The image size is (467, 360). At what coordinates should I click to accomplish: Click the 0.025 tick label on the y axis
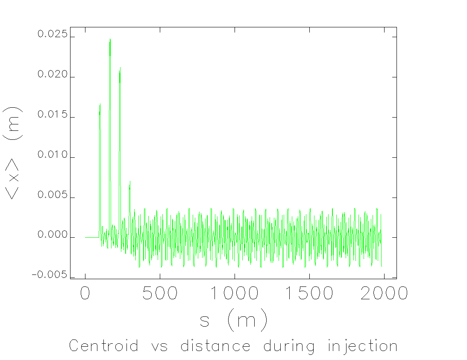(x=53, y=34)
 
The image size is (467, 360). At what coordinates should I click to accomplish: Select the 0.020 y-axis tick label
(x=53, y=74)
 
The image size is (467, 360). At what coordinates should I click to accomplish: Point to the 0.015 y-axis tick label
(x=53, y=115)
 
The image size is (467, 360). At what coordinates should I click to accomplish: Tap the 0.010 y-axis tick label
(x=53, y=155)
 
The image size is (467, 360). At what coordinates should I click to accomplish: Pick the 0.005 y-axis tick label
(x=53, y=195)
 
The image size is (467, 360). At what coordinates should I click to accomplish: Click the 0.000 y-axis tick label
(x=53, y=235)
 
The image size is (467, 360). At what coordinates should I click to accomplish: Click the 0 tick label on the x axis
(x=85, y=293)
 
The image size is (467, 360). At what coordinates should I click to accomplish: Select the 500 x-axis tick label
(x=160, y=293)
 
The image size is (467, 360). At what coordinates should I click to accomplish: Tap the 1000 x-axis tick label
(x=234, y=293)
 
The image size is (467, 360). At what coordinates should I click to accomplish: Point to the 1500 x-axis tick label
(x=308, y=293)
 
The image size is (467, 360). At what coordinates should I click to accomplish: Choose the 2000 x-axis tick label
(x=383, y=293)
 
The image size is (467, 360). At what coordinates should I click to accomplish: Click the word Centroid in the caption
(x=104, y=345)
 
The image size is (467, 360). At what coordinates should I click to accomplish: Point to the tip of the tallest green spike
(x=110, y=39)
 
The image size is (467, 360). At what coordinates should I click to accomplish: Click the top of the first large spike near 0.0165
(x=100, y=103)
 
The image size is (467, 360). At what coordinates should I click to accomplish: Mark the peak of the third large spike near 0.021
(x=120, y=68)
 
